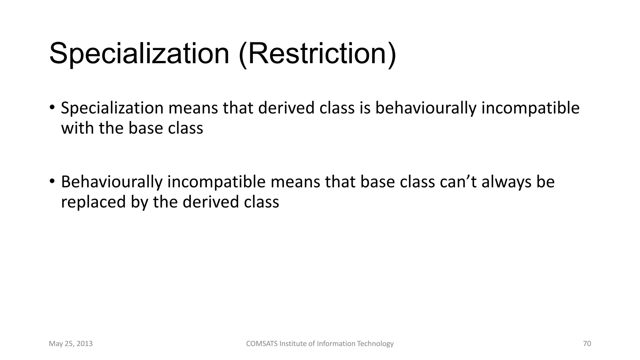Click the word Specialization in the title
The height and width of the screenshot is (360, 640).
[139, 54]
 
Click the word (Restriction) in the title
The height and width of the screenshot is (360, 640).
[317, 54]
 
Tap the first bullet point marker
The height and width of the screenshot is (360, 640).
[52, 107]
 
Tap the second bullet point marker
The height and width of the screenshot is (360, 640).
[52, 181]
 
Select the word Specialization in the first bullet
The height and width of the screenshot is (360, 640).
[112, 108]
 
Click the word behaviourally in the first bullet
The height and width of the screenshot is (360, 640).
[425, 108]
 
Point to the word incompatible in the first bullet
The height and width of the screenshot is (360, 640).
[530, 108]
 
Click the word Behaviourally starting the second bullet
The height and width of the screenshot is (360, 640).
[112, 182]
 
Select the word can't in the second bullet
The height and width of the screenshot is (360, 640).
[458, 182]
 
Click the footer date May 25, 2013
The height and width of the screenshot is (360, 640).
[71, 344]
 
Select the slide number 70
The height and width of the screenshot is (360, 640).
[587, 344]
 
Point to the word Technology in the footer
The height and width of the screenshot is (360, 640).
[375, 344]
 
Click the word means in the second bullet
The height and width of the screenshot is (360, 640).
[295, 182]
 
